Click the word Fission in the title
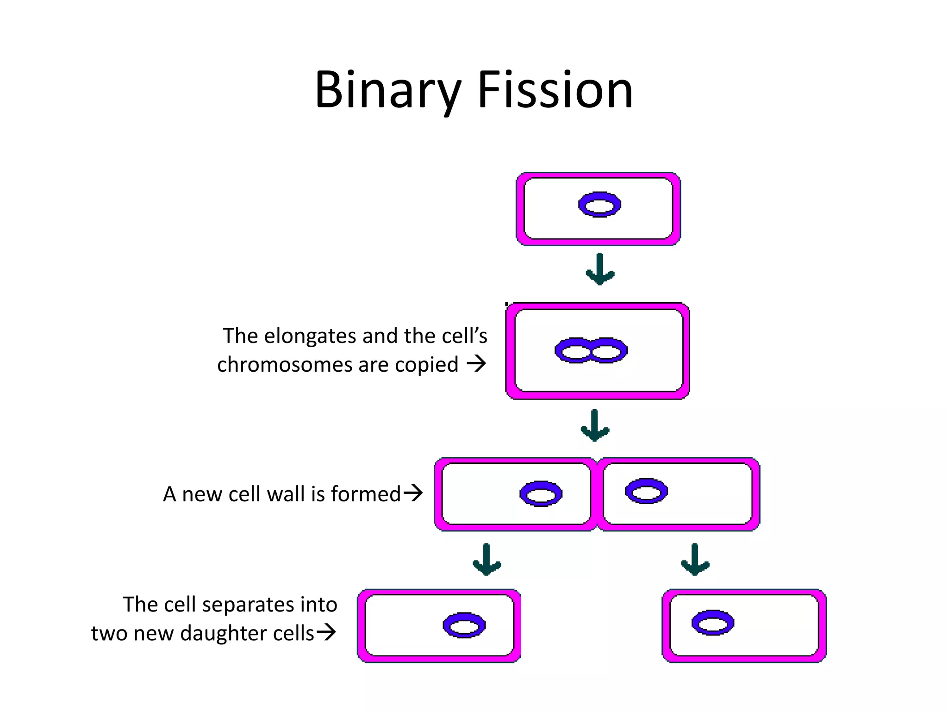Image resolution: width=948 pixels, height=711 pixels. pos(555,90)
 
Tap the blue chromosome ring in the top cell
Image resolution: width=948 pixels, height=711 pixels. pos(599,204)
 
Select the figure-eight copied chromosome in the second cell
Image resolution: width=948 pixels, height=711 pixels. pos(591,350)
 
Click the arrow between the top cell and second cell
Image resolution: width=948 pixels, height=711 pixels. pos(600,269)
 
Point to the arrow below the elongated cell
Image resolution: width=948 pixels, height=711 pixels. pos(595,425)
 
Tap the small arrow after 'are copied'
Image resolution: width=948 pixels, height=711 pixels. pos(476,363)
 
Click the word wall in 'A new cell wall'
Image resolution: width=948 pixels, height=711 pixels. pos(286,494)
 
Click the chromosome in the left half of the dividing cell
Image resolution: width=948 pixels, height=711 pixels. pos(541,494)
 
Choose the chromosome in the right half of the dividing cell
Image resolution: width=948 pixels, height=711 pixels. pos(646,491)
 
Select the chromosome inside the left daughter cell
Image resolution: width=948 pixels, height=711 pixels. pos(464,625)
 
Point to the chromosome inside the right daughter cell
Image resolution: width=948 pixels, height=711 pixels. pos(713,623)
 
